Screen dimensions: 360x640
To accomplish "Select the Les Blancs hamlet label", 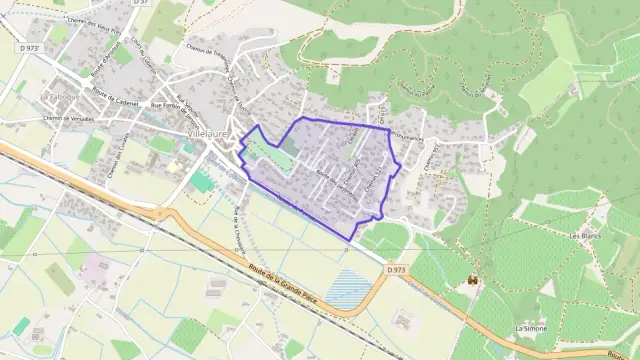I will coord(583,235).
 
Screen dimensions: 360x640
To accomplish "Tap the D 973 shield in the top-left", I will coord(27,47).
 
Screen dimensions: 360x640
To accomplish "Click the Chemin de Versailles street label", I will coord(68,118).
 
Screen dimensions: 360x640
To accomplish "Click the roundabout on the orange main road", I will coord(157,212).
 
